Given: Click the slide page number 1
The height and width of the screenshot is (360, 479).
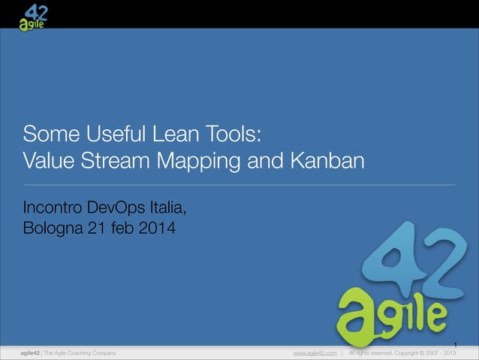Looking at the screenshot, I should coord(454,345).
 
